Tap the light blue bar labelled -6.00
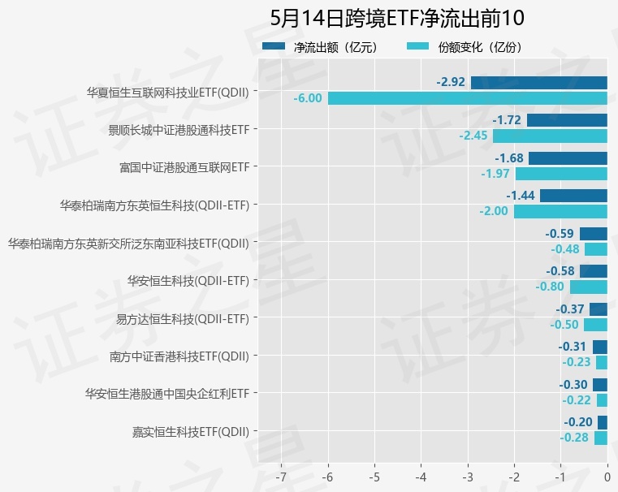tap(468, 98)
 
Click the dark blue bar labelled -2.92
tap(539, 82)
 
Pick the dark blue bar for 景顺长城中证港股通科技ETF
tap(567, 120)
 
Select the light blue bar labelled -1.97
tap(561, 174)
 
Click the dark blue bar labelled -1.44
tap(573, 196)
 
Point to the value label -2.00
tap(494, 211)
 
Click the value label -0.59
tap(560, 234)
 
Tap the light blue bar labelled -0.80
tap(589, 287)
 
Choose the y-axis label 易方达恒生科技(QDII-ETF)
tap(182, 318)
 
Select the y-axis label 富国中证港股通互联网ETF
tap(183, 167)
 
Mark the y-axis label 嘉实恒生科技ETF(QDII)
tap(190, 431)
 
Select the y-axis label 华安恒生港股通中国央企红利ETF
tap(166, 394)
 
